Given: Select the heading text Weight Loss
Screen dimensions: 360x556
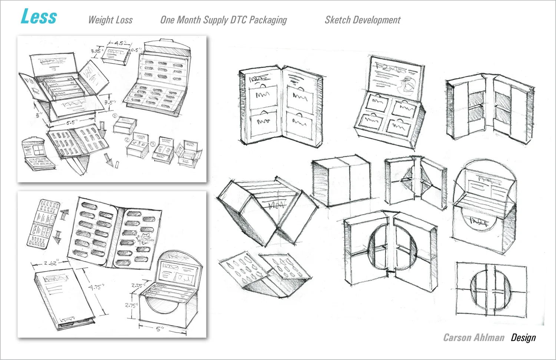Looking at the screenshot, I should [110, 20].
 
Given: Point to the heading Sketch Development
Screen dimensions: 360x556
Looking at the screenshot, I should [363, 20].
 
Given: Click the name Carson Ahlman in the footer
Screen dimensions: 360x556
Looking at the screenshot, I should [474, 337].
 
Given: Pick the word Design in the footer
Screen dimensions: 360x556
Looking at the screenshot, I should [523, 337].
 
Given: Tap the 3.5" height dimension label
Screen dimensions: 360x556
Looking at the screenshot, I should [110, 102].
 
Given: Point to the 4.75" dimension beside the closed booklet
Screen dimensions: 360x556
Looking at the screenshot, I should [96, 287].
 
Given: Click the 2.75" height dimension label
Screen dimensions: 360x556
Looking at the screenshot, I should [131, 305].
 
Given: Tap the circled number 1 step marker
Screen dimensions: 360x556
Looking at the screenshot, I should [115, 116].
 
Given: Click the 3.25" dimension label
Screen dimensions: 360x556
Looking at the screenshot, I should [97, 51].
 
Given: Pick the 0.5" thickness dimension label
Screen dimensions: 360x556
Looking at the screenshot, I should [136, 50].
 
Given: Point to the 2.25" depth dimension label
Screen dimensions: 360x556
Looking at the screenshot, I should [137, 285].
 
